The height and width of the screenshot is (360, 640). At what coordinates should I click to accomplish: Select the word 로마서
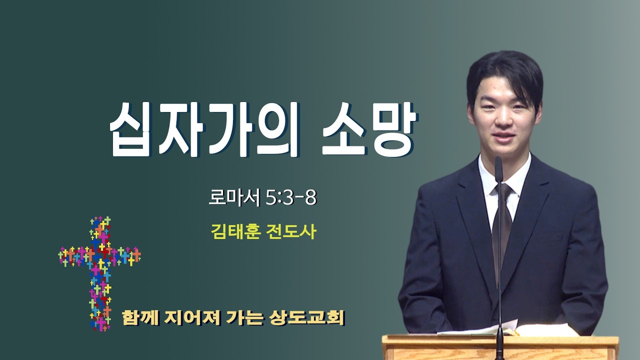click(234, 197)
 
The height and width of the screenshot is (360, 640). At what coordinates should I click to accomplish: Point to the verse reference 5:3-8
click(291, 197)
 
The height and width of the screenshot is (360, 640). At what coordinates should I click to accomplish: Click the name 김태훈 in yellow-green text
click(236, 231)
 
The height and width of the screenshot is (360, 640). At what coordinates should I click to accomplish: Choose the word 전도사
click(291, 231)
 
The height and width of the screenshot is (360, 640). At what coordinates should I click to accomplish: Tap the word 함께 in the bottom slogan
click(140, 317)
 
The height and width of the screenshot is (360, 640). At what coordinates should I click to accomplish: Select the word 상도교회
click(307, 317)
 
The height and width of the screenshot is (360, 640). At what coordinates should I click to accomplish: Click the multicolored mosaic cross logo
click(99, 273)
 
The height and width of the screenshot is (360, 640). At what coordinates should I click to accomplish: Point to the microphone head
click(498, 168)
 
